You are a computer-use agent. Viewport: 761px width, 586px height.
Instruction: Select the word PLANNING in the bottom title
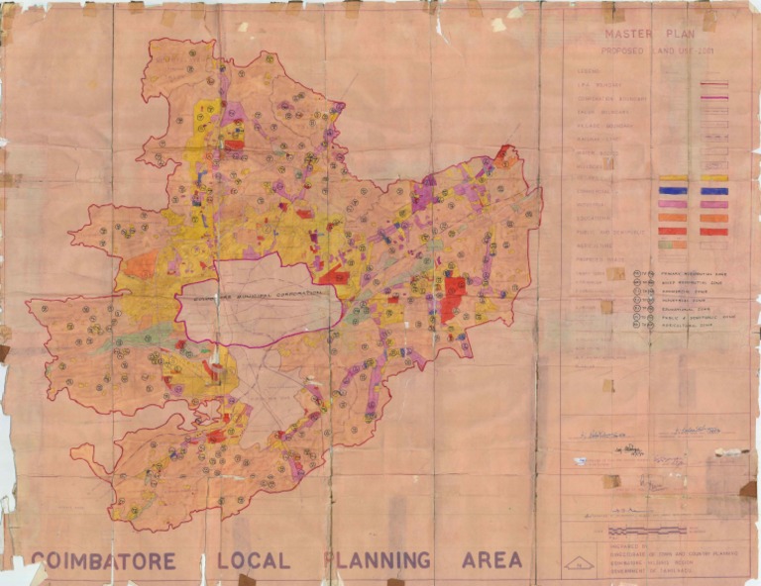tap(378, 560)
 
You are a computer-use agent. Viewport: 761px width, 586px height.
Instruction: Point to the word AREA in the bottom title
tap(489, 560)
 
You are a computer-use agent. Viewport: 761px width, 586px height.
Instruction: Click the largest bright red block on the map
tap(455, 298)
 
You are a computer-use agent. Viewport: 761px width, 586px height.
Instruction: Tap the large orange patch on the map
tap(142, 264)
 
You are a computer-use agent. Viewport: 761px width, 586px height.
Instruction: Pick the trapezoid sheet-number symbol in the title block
tap(577, 564)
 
